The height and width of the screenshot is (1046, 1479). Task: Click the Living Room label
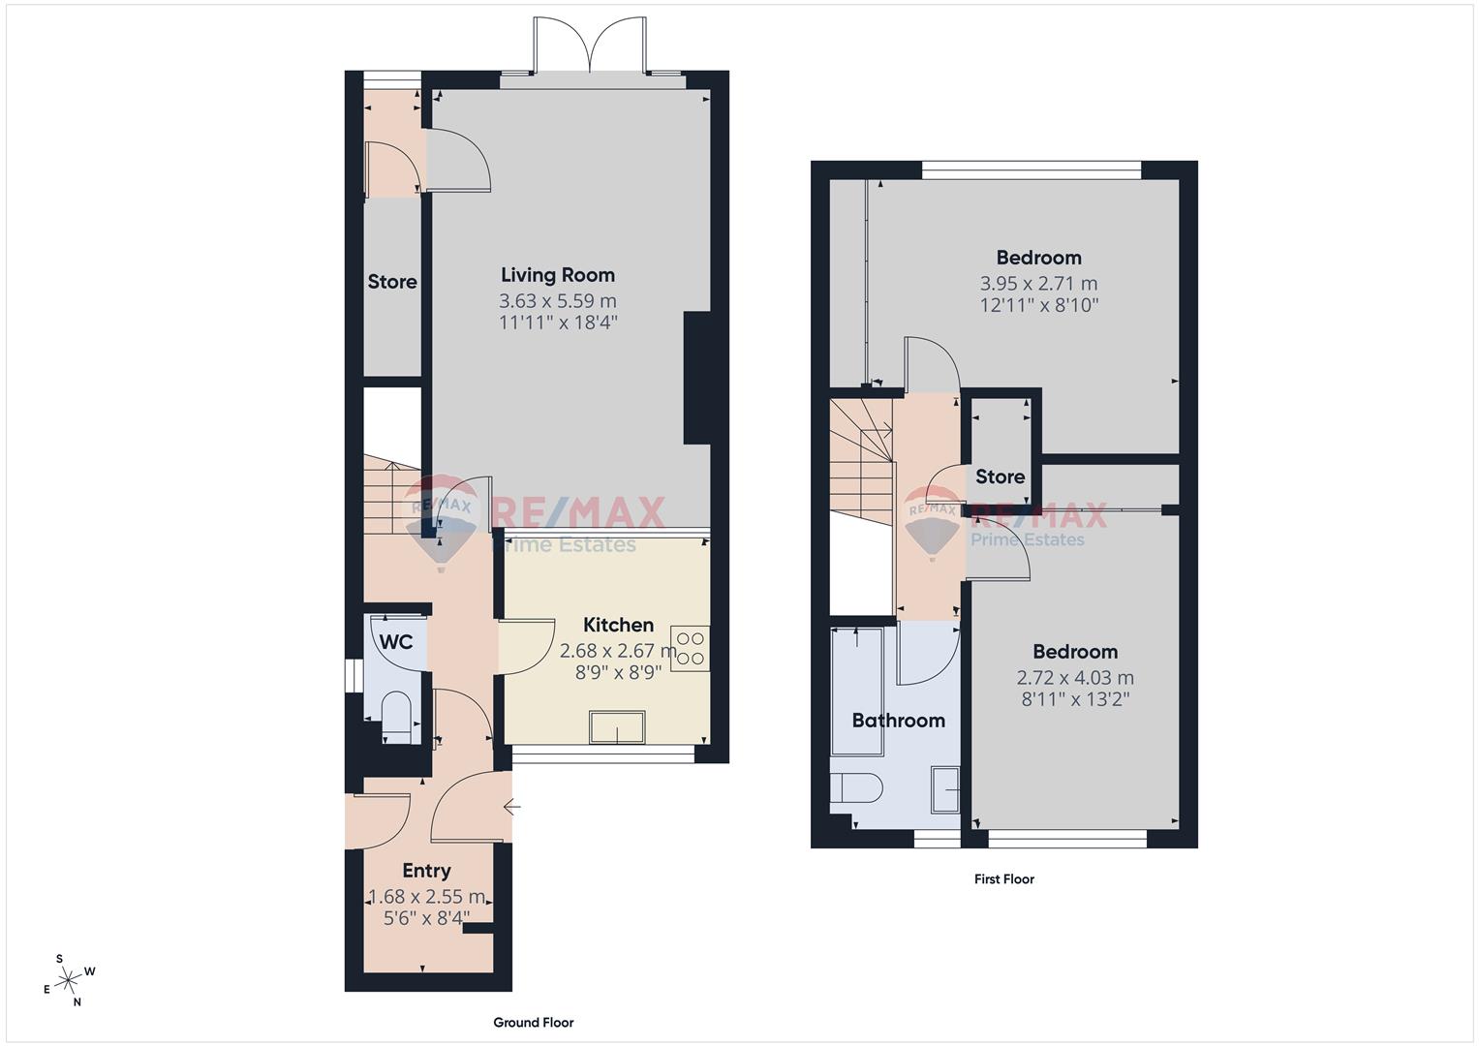(557, 275)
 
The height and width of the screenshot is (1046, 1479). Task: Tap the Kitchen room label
(619, 625)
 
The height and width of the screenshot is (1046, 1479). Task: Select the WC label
(396, 642)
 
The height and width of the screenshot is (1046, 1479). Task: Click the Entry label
(426, 871)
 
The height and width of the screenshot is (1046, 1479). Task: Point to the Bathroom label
(899, 720)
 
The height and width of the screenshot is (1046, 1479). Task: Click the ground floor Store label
(392, 282)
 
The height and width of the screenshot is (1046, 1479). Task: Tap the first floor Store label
(1001, 477)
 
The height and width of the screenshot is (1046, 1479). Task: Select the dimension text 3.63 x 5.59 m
(557, 301)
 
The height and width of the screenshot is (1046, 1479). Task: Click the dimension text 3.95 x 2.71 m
(1038, 284)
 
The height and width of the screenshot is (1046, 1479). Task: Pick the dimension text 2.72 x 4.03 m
(1075, 678)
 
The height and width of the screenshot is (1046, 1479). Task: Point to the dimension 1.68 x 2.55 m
(426, 897)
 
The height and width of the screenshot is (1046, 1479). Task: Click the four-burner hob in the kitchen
(691, 649)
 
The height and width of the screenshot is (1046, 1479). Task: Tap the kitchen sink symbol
(617, 727)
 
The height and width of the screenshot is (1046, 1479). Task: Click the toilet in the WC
(396, 717)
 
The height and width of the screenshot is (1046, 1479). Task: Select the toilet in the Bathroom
(856, 787)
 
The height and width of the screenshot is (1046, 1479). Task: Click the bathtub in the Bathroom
(857, 692)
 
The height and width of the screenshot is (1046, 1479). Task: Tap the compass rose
(69, 980)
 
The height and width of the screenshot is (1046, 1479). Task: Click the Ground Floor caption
(534, 1022)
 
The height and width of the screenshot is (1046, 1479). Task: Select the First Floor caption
(1004, 879)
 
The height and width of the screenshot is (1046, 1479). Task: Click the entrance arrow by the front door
(511, 806)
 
